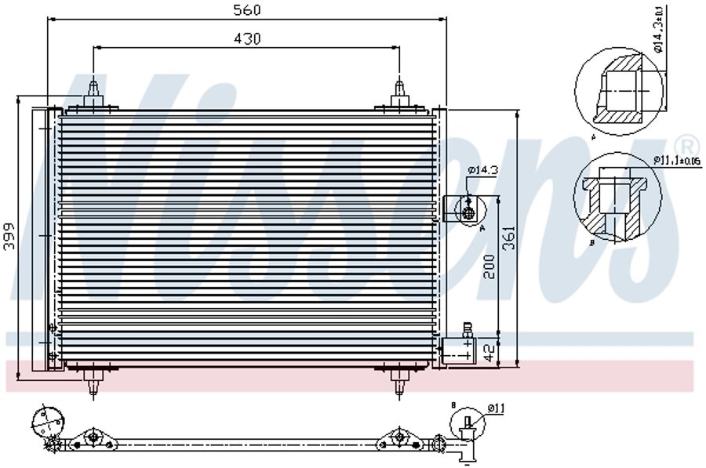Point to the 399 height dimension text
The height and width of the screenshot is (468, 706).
pos(9,234)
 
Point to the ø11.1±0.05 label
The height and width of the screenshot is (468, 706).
pos(675,161)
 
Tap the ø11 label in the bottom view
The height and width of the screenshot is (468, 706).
pos(496,407)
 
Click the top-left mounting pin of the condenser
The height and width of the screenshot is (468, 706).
pos(93,93)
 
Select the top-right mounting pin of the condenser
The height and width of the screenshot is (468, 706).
pos(399,93)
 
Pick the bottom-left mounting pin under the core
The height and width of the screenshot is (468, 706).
pos(93,382)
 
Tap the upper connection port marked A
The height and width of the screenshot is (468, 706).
pos(468,211)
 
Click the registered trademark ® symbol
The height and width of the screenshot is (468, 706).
pos(686,146)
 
